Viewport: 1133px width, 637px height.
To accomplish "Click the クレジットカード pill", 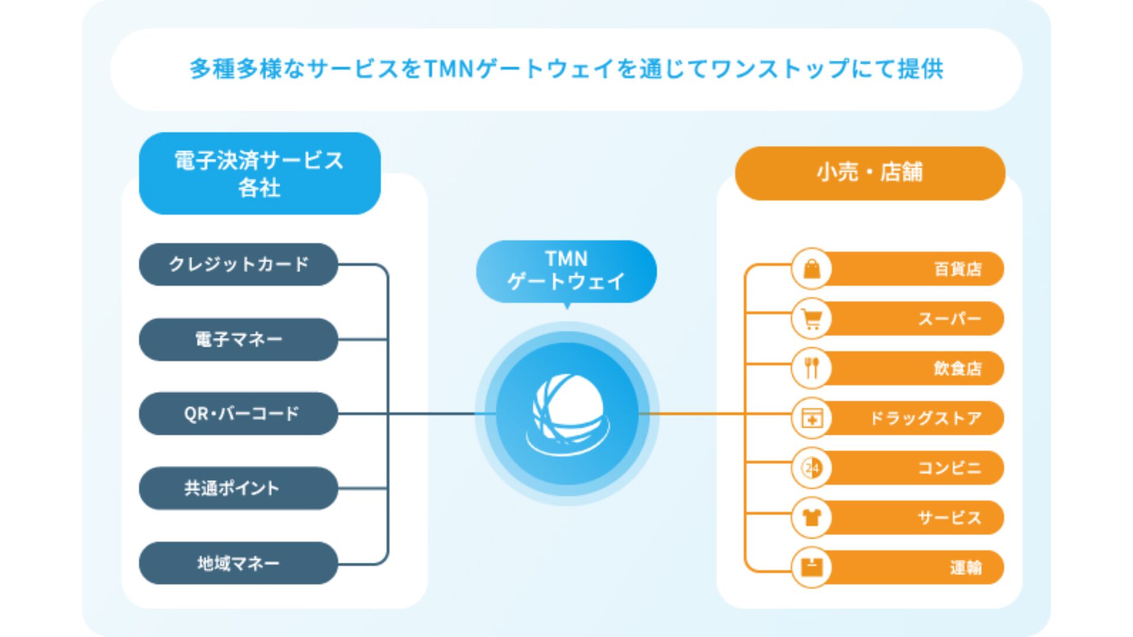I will (x=238, y=264).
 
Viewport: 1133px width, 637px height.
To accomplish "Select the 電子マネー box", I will (x=238, y=339).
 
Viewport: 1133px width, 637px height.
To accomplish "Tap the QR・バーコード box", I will (x=238, y=413).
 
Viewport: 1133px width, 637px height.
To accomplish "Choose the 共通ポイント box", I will (x=238, y=488).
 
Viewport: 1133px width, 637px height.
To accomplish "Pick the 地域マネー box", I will (x=238, y=563).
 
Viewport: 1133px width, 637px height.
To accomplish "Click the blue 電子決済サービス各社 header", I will (x=260, y=173).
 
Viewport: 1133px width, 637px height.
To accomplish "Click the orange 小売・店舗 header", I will (x=870, y=173).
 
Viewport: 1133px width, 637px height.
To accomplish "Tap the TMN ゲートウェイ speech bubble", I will (x=566, y=271).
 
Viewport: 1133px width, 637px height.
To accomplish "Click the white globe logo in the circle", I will (x=568, y=413).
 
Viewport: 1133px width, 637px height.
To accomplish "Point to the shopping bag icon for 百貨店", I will (x=812, y=269).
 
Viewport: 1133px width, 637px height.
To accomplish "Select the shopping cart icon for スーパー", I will (x=812, y=319).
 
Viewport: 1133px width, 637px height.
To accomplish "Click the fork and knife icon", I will (x=812, y=368).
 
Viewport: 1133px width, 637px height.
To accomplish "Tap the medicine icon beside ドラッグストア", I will (x=812, y=418).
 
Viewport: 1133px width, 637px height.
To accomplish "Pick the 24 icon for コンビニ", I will (x=812, y=468).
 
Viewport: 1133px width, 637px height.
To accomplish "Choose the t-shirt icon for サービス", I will (x=812, y=518).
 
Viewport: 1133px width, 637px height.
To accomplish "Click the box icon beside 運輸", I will (x=812, y=567).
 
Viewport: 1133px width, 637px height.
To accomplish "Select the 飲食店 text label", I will (x=957, y=369).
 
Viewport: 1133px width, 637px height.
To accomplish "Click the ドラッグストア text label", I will (x=926, y=418).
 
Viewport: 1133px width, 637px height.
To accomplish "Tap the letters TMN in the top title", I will (x=448, y=69).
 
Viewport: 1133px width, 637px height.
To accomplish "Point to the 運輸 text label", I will (x=965, y=567).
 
